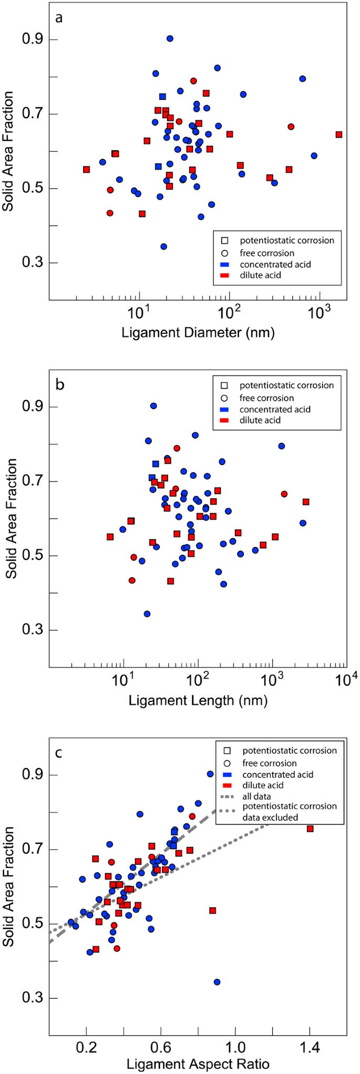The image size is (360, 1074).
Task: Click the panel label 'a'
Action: point(59,18)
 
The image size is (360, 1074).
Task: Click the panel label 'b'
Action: point(60,385)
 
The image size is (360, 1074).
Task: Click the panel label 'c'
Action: point(59,752)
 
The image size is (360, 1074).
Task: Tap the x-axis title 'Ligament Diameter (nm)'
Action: point(198,333)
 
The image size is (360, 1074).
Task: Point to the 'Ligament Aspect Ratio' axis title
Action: point(198,1065)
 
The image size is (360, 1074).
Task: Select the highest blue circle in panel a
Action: point(170,38)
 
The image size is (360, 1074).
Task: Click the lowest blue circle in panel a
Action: point(163,247)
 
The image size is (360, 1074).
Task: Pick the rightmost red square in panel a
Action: point(339,135)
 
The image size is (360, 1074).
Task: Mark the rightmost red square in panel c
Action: point(310,828)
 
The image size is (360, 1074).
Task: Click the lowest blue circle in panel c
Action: point(217,982)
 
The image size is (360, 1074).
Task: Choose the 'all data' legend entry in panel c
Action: point(257,797)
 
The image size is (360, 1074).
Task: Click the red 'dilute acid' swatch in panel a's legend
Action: point(224,275)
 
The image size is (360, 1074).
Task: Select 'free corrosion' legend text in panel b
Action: point(266,398)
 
